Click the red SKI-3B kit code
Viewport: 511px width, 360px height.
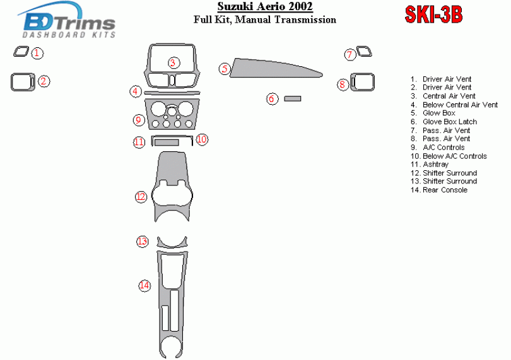433,15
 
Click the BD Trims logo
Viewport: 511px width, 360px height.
67,21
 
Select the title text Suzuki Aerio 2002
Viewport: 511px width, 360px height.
265,6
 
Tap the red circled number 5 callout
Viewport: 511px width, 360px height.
225,69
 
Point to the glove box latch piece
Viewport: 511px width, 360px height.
292,98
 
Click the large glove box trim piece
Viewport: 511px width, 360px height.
274,69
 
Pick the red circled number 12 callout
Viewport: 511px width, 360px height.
141,197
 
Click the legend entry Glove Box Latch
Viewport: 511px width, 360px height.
443,122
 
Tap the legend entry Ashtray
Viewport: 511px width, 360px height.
430,165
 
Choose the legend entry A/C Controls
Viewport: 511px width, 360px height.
438,148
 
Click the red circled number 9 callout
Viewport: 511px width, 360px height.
139,120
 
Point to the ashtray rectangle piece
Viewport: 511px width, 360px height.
167,142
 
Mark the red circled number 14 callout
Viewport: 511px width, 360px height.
144,286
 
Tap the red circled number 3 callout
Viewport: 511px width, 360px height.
173,63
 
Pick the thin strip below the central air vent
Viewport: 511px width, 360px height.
172,93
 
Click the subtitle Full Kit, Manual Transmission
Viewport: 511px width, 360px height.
265,20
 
